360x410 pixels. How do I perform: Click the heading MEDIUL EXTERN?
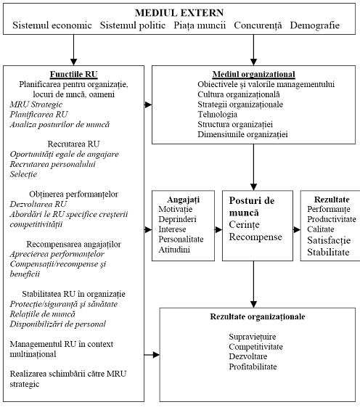pos(179,13)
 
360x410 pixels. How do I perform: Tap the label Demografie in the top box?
pos(315,25)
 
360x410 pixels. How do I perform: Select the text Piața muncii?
pos(200,25)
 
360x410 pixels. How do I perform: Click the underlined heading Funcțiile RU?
pos(74,74)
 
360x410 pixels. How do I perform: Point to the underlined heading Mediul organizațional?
pos(253,74)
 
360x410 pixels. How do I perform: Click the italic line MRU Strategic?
pos(36,104)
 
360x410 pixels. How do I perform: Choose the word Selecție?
pos(23,174)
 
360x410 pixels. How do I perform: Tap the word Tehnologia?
pos(217,115)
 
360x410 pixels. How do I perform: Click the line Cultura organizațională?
pos(239,94)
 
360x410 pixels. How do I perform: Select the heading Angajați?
pos(184,200)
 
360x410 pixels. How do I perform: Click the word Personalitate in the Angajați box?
pos(181,239)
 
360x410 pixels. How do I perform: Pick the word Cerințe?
pos(244,225)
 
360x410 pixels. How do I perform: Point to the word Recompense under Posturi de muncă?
pos(255,237)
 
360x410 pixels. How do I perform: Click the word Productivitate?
pos(332,219)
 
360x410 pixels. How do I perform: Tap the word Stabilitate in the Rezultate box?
pos(328,253)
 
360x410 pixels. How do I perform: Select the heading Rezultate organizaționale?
pos(258,316)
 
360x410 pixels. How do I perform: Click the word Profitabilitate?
pos(253,366)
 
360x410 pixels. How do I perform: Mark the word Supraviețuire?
pos(253,337)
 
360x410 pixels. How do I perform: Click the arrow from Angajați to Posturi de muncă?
pos(218,229)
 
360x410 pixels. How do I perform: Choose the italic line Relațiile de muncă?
pos(43,314)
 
